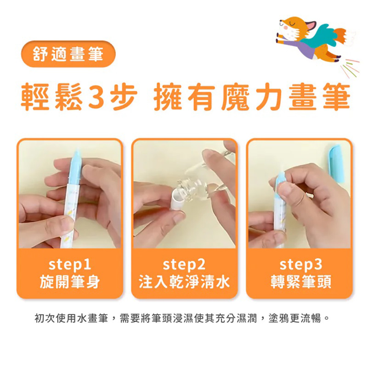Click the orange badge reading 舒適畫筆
pos(68,54)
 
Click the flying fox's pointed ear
pos(311,25)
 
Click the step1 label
pos(70,264)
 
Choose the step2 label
pos(184,264)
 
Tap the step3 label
pos(301,264)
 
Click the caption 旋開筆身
pos(70,281)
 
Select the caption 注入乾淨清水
pos(184,281)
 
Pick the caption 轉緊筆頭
pos(301,281)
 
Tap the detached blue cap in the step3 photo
pos(336,163)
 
